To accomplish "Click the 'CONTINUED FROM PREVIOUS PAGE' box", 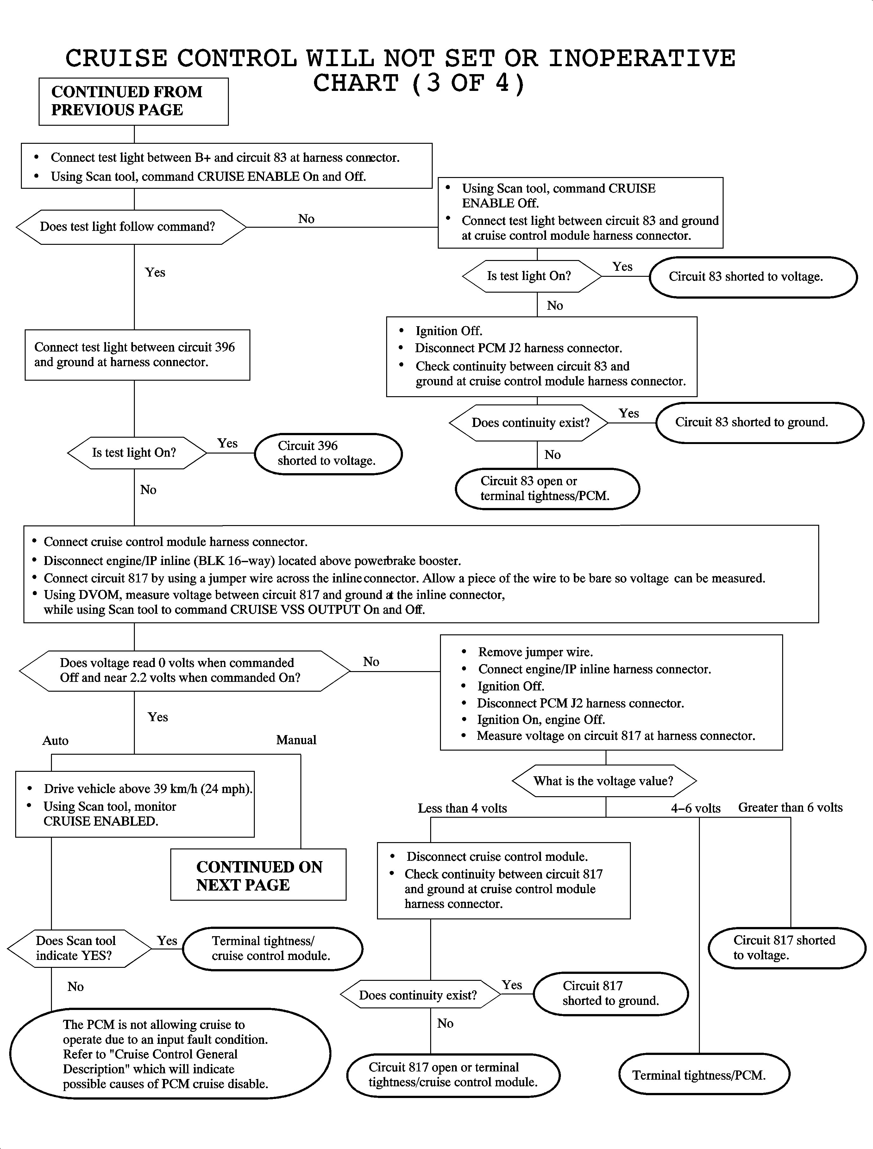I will [x=134, y=101].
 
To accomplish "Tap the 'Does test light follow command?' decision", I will [x=131, y=227].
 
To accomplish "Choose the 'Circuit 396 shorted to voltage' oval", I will [x=328, y=454].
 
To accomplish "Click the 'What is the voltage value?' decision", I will [x=604, y=781].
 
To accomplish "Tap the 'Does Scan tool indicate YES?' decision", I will [x=79, y=948].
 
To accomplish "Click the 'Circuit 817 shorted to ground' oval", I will [x=611, y=993].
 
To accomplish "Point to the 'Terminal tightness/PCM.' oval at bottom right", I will [x=704, y=1075].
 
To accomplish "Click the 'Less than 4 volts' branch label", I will [x=462, y=809].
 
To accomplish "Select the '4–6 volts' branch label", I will [x=695, y=809].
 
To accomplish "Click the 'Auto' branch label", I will [x=56, y=741].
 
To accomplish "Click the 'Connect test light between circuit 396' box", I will [x=137, y=355].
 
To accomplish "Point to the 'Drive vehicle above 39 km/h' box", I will [x=135, y=804].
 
